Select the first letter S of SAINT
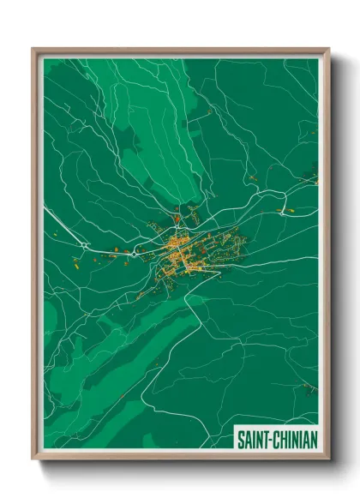pos(239,440)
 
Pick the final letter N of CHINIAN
pos(314,440)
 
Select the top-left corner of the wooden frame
pos(33,50)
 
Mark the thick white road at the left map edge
pos(48,209)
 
